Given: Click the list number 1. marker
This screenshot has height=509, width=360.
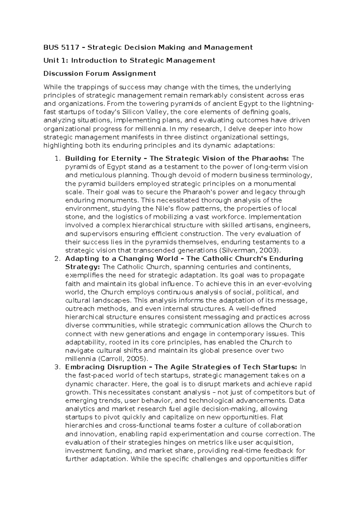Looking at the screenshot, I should click(58, 158).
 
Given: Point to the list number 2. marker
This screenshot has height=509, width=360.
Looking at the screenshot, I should click(58, 259).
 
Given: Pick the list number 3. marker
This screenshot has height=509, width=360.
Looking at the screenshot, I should click(58, 367).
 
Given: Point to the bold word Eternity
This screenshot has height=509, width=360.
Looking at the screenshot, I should click(126, 158).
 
